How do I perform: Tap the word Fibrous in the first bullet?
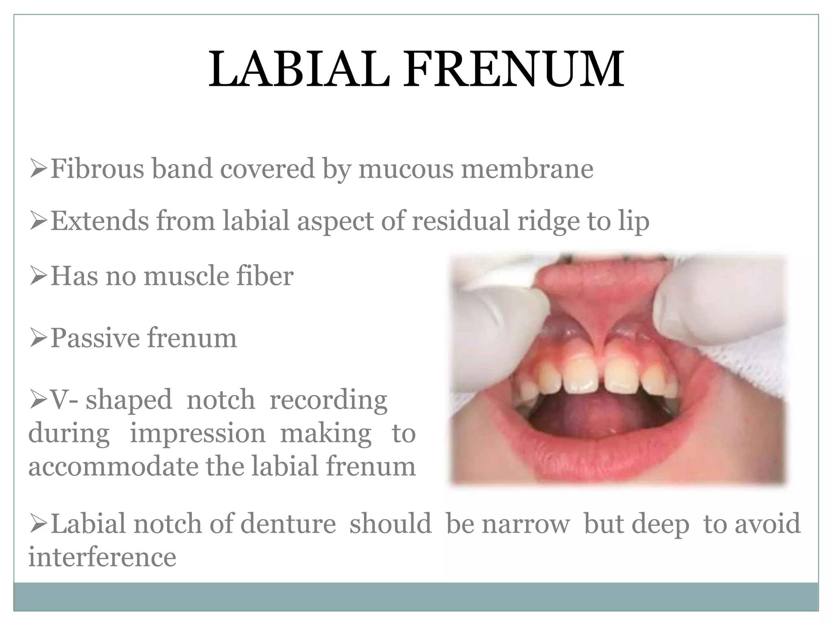tap(97, 168)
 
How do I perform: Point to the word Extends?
tap(100, 221)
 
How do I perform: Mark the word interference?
tap(102, 557)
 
